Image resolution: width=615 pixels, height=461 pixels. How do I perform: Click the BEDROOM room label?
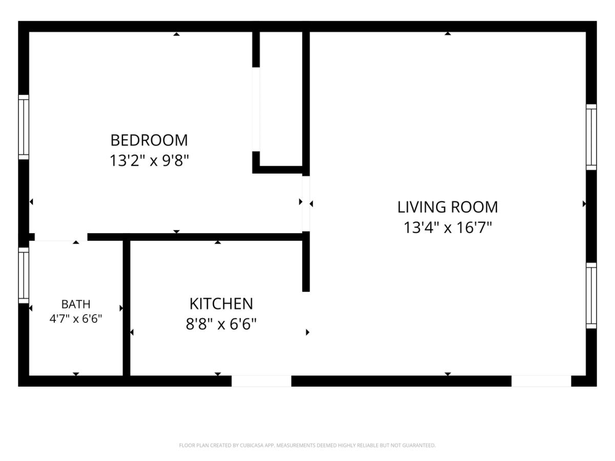tap(149, 140)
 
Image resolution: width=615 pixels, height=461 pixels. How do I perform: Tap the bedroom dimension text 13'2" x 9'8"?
tap(149, 161)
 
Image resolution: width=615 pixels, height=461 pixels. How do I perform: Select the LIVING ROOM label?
tap(447, 207)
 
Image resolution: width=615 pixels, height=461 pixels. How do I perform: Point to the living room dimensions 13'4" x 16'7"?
tap(447, 227)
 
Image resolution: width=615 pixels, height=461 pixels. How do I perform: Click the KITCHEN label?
tap(221, 304)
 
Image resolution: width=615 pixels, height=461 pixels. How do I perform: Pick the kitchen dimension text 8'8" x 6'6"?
tap(221, 324)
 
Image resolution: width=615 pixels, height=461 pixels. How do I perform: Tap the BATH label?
tap(76, 304)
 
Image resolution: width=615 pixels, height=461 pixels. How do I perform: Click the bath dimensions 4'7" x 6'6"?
tap(76, 319)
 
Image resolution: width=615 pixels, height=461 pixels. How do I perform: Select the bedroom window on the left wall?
tap(24, 127)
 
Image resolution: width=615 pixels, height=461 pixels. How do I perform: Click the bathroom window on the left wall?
tap(24, 276)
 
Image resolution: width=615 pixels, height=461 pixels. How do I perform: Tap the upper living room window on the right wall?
tap(591, 137)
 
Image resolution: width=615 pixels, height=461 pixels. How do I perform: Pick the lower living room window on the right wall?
tap(591, 296)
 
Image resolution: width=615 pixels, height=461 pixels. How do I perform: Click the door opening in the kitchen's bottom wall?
tap(261, 381)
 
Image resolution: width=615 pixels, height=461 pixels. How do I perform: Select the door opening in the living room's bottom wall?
tap(541, 381)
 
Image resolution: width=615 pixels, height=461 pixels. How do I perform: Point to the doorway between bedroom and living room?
tap(306, 204)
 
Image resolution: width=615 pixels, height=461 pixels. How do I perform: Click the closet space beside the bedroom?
tap(281, 99)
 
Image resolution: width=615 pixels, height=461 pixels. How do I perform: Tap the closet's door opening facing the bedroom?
tap(256, 110)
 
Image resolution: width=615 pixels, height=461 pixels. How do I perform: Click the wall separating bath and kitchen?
tap(127, 308)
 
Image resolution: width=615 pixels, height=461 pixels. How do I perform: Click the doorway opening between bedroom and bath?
tap(61, 237)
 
